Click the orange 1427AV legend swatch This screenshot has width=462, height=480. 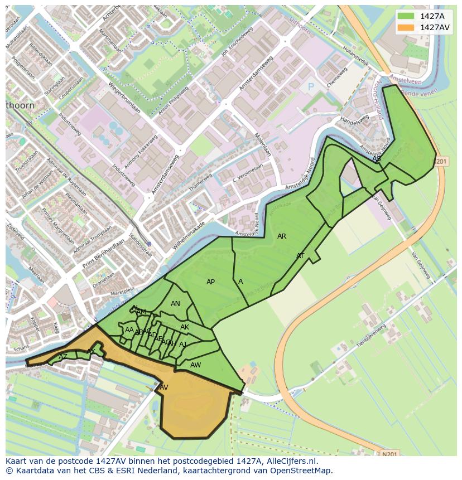(406, 27)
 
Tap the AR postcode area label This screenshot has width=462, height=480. (282, 236)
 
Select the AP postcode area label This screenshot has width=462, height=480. (210, 282)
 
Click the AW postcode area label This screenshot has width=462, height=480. (195, 365)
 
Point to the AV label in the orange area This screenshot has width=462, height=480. (164, 387)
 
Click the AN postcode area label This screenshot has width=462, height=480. (175, 304)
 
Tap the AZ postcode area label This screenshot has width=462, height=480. (63, 357)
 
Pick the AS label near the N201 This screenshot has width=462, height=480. (377, 159)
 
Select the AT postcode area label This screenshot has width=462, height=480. (300, 256)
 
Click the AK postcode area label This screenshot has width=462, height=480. (185, 327)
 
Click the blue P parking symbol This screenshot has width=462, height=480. (311, 88)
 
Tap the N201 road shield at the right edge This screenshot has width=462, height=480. (440, 161)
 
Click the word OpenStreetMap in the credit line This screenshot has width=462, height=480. (304, 470)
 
